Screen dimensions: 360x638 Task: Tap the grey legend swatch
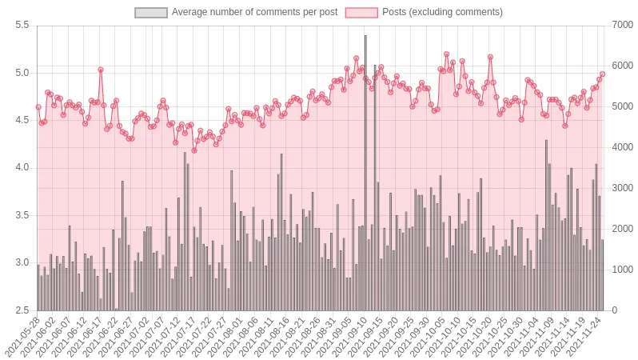[151, 12]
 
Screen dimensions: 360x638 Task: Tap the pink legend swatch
[361, 12]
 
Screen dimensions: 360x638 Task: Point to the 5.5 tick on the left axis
[22, 26]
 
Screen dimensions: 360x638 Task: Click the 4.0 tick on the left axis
[22, 168]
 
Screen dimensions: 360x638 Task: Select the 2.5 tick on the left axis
[22, 310]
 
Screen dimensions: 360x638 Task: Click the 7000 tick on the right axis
[622, 26]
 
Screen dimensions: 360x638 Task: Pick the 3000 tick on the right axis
[622, 188]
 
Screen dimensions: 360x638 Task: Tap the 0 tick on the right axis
[614, 310]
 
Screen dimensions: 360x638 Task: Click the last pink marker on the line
[602, 74]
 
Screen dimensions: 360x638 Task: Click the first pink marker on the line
[38, 107]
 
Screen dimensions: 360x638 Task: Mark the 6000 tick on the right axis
[622, 66]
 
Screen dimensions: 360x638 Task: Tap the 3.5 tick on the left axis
[22, 215]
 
